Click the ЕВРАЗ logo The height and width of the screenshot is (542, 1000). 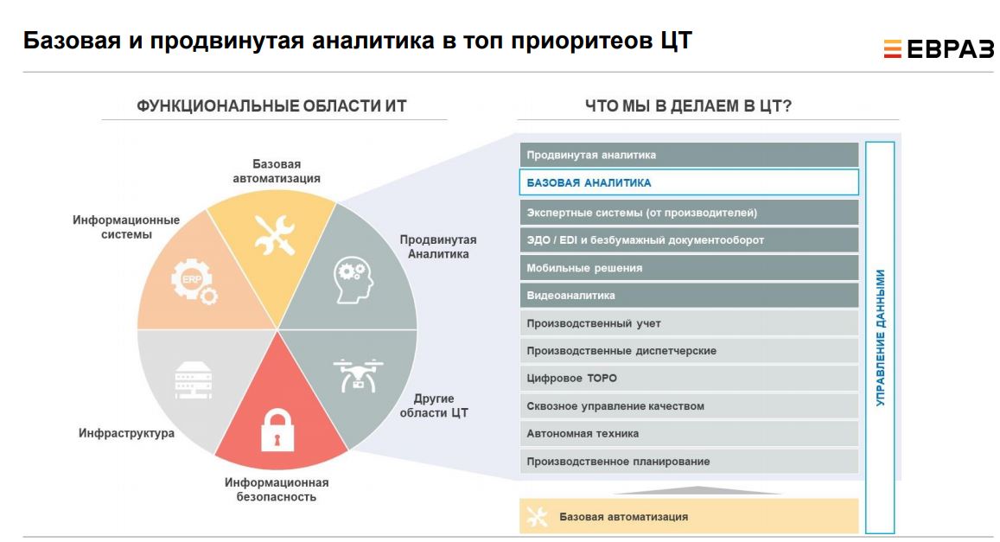coord(938,48)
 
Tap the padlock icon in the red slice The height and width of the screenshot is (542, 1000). coord(277,430)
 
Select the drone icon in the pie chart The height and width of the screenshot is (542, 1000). coord(358,375)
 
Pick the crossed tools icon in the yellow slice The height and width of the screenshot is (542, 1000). coord(274,235)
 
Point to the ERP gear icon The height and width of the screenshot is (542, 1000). coord(194,281)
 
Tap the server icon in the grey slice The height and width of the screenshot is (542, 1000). coord(194,380)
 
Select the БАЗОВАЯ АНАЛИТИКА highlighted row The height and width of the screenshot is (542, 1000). coord(689,182)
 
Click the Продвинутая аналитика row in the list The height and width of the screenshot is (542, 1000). coord(689,155)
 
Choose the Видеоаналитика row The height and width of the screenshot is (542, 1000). coord(689,296)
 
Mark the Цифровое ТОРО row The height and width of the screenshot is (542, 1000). coord(689,378)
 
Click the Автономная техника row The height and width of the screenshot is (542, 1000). coord(689,434)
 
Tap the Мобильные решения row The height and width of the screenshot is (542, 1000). coord(689,268)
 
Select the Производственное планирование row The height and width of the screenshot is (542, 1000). coord(689,461)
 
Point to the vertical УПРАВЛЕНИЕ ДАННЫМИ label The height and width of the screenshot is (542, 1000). coord(880,338)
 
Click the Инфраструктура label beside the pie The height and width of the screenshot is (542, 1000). coord(126,433)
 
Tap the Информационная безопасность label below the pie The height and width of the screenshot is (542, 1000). coord(277,489)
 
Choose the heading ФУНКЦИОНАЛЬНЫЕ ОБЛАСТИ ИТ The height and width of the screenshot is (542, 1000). coord(271,105)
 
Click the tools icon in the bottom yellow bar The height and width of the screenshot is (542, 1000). coord(537,516)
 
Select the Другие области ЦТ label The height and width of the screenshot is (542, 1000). coord(434,405)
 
